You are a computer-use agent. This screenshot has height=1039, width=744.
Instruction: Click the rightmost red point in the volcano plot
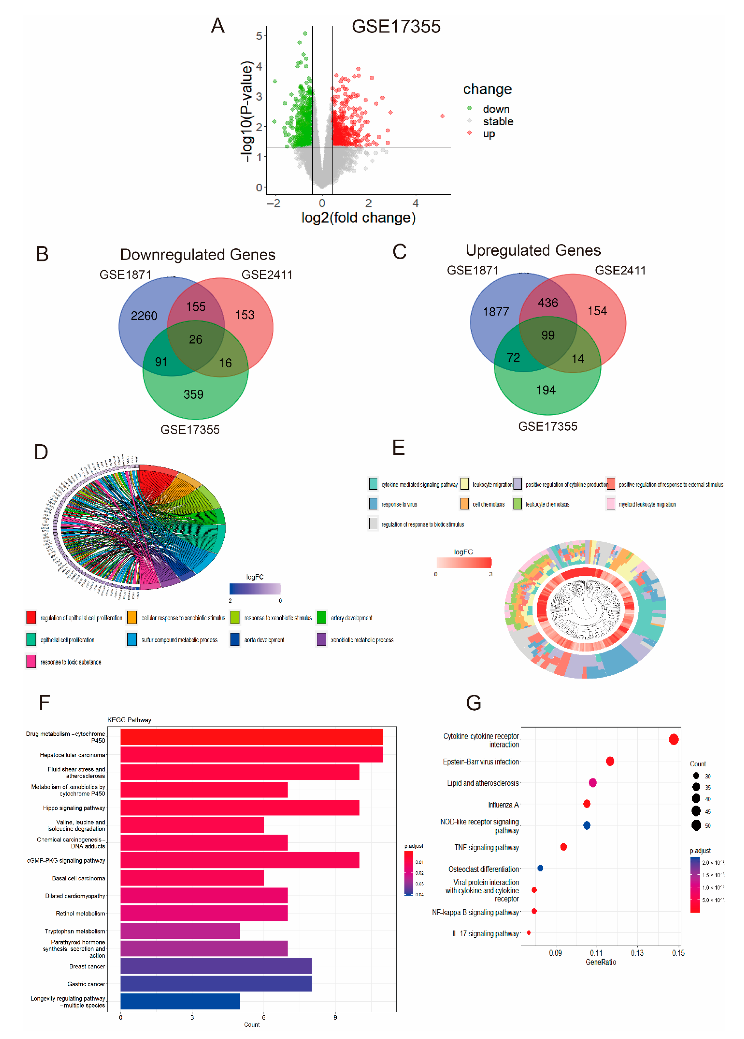[442, 116]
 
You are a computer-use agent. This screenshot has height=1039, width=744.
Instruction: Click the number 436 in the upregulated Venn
[548, 303]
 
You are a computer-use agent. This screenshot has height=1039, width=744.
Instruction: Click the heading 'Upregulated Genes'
[533, 250]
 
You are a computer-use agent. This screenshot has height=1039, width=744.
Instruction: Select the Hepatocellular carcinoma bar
[251, 755]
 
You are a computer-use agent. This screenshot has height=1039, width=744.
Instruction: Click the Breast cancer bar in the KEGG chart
[216, 966]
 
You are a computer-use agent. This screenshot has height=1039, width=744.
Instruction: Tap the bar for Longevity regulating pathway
[180, 1001]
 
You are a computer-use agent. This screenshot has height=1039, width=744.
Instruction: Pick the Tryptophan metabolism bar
[180, 931]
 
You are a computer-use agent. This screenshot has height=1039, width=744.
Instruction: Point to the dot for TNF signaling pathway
[564, 847]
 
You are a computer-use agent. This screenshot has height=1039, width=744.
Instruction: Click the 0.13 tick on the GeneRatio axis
[637, 953]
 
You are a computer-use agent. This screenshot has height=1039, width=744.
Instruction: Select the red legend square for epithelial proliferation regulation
[31, 617]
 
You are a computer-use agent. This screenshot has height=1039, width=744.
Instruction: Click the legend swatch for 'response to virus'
[373, 504]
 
